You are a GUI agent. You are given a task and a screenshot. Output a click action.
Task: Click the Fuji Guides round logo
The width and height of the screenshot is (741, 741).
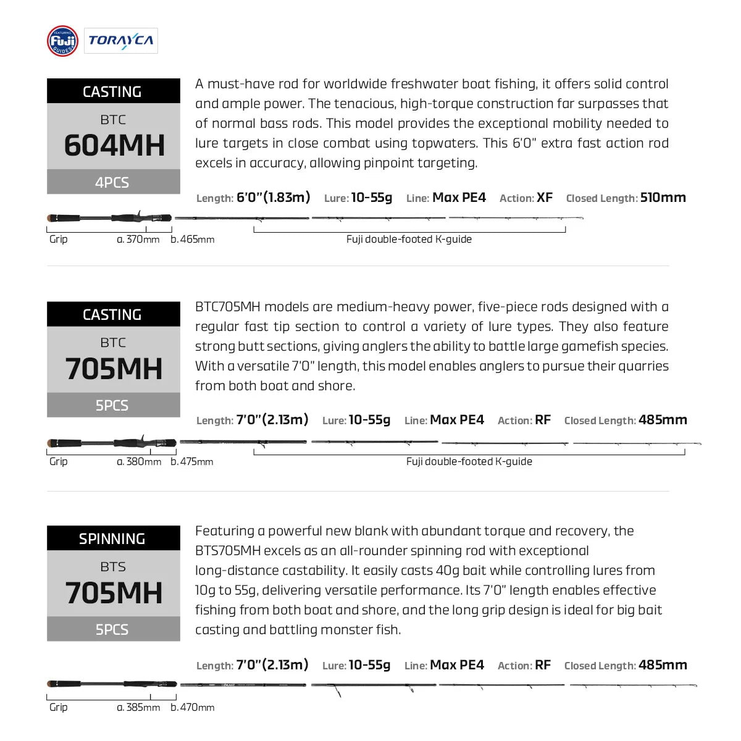point(62,41)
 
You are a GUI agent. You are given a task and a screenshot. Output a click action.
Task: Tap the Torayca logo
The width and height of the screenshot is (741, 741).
point(121,41)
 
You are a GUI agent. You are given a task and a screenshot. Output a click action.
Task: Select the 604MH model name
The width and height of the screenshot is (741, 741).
point(114,146)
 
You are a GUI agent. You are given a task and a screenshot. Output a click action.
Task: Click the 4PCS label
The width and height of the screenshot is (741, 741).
point(112,183)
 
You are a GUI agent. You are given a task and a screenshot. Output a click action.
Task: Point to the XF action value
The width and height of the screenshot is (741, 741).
point(545,198)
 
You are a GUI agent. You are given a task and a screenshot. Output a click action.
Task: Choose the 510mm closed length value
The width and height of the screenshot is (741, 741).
point(663,198)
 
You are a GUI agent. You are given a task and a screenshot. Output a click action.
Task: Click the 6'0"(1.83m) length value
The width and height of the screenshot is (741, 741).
point(273,198)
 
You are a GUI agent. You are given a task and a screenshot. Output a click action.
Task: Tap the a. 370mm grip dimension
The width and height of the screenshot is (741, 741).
point(138,240)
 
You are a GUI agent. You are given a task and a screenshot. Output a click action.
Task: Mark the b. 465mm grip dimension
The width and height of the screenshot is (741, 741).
point(193,240)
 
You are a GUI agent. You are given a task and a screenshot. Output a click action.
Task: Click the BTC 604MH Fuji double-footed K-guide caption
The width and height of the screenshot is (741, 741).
point(409,240)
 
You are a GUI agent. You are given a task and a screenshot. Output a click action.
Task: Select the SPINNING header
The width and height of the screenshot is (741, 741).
point(112,538)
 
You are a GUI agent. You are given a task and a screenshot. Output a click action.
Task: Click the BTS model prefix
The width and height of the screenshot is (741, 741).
point(113,566)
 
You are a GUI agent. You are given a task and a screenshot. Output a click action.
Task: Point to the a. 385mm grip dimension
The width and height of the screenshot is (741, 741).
point(138,708)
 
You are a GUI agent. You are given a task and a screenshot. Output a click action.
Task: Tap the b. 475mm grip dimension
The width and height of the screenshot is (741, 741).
point(192,462)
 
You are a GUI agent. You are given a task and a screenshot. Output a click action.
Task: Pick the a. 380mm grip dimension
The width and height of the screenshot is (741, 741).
point(139,462)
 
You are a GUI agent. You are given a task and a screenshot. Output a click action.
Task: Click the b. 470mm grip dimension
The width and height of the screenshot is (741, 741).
point(193,708)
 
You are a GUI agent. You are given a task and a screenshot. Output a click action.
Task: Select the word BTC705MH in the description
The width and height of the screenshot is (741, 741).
point(228,307)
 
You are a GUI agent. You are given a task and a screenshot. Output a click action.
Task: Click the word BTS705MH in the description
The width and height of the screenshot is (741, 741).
point(227,551)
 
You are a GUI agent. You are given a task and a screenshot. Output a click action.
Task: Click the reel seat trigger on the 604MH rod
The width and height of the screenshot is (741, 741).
point(140,212)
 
